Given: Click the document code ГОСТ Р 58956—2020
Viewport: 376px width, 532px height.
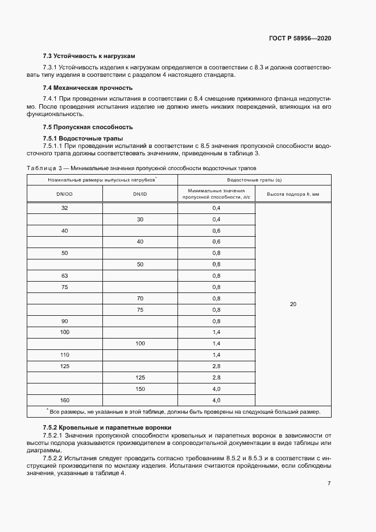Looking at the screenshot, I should point(300,38).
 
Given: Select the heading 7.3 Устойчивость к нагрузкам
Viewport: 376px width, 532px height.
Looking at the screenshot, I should point(89,56).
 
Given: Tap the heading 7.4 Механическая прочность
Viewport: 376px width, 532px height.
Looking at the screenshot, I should point(88,88).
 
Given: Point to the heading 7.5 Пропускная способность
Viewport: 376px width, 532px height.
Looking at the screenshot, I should point(88,127).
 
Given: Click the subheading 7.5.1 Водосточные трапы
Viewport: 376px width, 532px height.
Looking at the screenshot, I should point(83,139).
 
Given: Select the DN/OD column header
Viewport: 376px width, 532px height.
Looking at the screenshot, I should point(64,194).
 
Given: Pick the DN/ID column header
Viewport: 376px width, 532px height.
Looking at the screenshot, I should point(140,194).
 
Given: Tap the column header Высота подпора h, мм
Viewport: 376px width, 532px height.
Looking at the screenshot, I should point(293,194).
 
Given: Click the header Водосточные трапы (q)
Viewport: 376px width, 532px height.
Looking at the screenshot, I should point(255,180).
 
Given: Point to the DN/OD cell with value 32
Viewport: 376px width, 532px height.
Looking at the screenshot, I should point(64,208).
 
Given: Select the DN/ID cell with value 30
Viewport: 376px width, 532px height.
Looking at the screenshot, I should point(140,220).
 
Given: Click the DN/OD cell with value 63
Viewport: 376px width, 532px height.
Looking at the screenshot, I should point(64,276).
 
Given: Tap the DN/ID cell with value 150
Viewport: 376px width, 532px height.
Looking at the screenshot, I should point(140,389).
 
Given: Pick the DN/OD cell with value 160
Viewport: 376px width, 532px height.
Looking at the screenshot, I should point(64,400).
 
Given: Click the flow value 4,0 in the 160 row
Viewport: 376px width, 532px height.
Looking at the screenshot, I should point(216,400).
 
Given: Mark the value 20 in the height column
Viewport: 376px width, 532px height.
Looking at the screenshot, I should point(293,304).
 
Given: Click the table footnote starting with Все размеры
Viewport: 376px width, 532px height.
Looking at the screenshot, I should point(185,411).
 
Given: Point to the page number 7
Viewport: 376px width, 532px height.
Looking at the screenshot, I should point(329,484).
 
